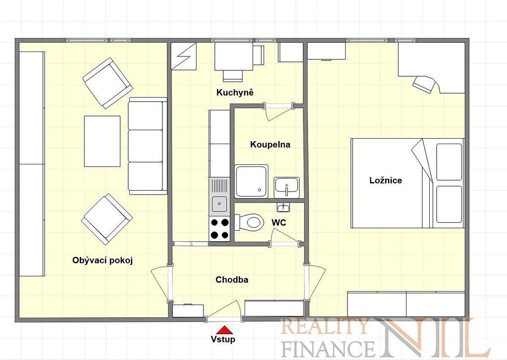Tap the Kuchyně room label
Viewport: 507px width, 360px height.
coord(235,93)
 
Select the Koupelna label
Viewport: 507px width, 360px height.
coord(270,145)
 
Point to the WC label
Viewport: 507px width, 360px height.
coord(278,222)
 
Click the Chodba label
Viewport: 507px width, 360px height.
coord(232,280)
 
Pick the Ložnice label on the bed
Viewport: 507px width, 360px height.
coord(385,180)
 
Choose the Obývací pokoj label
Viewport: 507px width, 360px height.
coord(102,260)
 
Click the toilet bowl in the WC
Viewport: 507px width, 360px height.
coord(250,222)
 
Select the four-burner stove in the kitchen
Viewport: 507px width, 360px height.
coord(219,228)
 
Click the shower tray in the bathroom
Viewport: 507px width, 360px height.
coord(252,181)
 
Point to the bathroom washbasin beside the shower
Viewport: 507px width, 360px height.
coord(287,187)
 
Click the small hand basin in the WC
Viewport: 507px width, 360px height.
coord(284,207)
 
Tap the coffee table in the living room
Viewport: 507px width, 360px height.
coord(102,141)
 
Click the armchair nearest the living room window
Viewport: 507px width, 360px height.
coord(107,83)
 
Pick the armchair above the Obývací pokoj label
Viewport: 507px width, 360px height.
coord(107,219)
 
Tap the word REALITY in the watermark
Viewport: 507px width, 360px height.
coord(325,327)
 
